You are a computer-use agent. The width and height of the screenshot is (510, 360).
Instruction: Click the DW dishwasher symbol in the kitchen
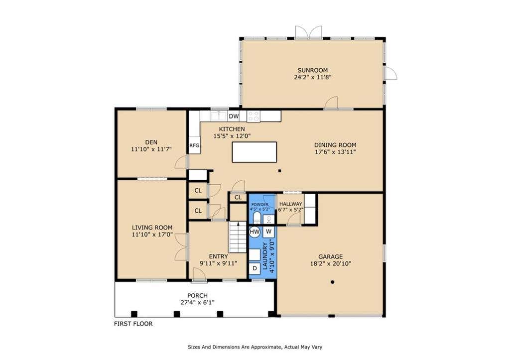click(234, 116)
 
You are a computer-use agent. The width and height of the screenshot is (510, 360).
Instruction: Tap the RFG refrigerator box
click(195, 146)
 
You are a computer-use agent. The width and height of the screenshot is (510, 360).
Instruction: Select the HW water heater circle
click(255, 232)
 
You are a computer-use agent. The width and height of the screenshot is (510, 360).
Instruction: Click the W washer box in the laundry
click(268, 232)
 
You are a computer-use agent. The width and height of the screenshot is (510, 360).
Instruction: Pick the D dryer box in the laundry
click(255, 268)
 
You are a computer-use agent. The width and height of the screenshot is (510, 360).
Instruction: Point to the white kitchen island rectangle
click(255, 152)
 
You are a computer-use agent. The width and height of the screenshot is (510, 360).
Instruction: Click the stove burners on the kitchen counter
click(254, 116)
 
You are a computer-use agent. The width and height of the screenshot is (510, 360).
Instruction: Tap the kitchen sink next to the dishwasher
click(218, 116)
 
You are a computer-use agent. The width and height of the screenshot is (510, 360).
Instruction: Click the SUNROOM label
click(313, 70)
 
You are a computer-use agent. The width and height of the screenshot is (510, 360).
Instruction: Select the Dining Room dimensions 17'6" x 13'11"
click(335, 152)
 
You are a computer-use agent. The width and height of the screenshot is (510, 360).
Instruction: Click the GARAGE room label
click(331, 256)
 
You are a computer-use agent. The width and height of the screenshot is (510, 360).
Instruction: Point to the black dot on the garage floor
click(332, 282)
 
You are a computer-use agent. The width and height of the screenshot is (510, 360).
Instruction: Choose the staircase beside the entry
click(238, 237)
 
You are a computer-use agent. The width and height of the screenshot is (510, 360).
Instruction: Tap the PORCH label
click(197, 296)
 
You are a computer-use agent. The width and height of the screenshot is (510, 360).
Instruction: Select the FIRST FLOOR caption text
click(133, 324)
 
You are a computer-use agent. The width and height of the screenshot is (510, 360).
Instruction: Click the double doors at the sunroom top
click(308, 32)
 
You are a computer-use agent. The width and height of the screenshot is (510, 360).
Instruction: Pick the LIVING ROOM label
click(152, 228)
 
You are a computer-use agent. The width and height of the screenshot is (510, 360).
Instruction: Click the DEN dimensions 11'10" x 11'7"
click(151, 149)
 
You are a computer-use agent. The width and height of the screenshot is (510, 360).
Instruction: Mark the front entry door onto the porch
click(199, 275)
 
